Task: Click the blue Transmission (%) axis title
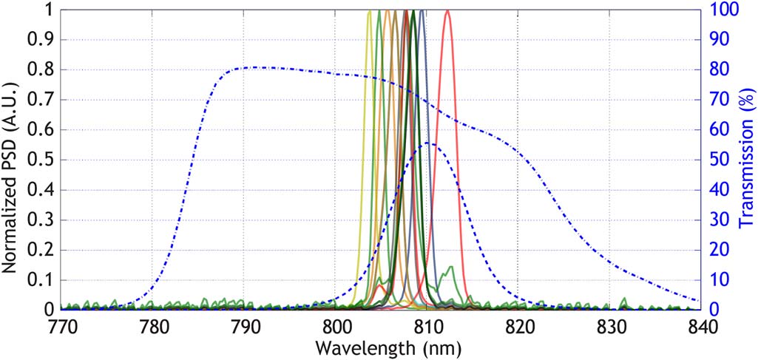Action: [747, 160]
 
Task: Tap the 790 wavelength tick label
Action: [245, 326]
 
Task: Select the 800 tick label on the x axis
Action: [336, 326]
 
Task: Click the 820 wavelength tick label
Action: [518, 326]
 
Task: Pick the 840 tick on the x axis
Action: [701, 326]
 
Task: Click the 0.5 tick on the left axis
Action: [42, 160]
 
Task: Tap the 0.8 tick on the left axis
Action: [42, 70]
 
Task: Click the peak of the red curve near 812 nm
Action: [447, 11]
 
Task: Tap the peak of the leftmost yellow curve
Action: [370, 11]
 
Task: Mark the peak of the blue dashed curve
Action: [429, 143]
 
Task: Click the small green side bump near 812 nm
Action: [450, 267]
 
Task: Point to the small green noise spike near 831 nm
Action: [623, 299]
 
